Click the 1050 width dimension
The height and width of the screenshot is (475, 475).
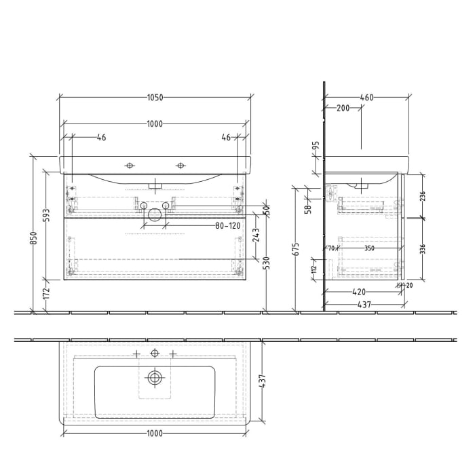(155, 97)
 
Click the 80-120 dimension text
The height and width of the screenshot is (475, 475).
(228, 225)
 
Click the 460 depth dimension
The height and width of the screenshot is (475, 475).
(366, 97)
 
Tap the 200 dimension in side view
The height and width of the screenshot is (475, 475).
(343, 109)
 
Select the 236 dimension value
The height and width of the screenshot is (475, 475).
(423, 195)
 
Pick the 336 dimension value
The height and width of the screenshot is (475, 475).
(423, 248)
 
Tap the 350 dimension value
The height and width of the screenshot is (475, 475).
(369, 248)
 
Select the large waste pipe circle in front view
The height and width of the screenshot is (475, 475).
(155, 215)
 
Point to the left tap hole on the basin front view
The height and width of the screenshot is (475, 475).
(130, 165)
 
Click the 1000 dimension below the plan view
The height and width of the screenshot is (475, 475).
(155, 434)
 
